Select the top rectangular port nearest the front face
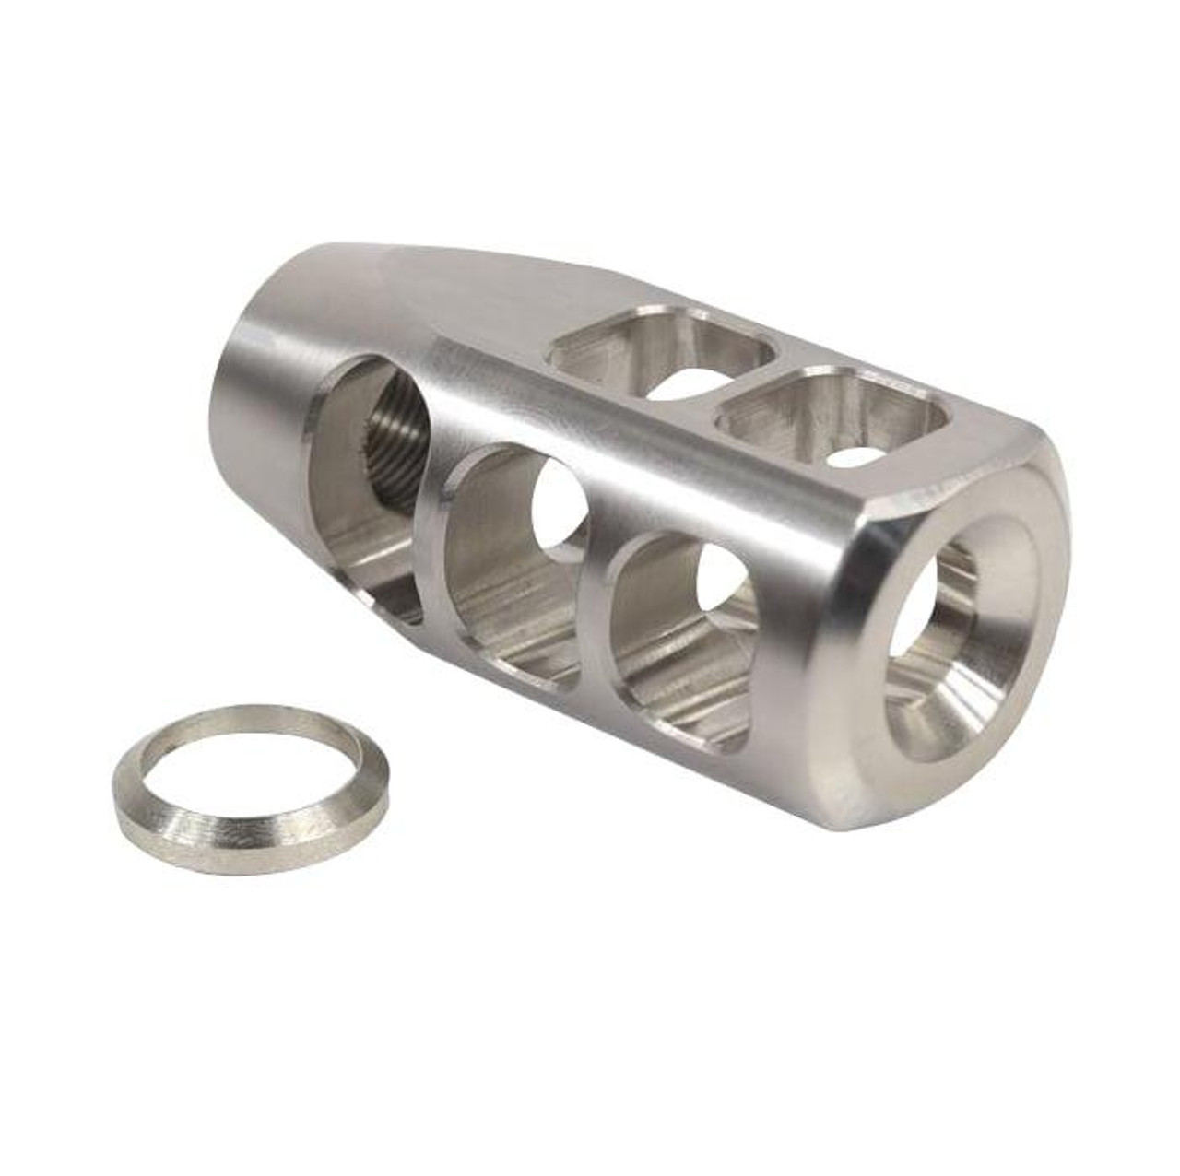(x=834, y=415)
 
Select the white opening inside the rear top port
(x=687, y=382)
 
